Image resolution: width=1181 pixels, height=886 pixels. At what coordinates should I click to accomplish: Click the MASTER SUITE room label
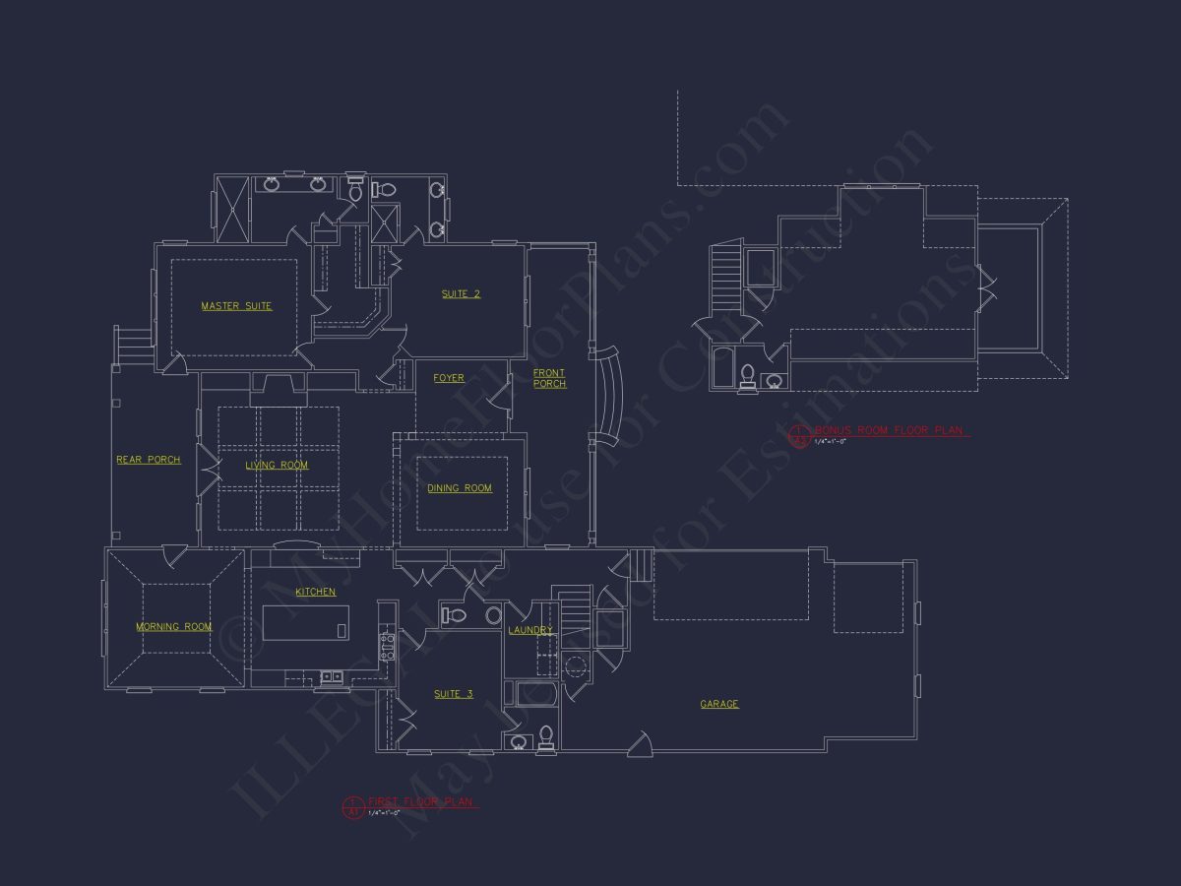236,306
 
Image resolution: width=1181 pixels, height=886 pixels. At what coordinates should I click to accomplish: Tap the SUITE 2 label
461,294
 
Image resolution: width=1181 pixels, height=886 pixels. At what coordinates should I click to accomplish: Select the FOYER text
449,378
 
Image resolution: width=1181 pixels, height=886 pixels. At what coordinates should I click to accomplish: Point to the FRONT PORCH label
549,378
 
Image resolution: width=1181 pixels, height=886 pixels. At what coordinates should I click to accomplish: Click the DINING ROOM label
460,488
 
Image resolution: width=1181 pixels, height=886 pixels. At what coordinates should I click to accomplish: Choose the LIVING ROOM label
277,466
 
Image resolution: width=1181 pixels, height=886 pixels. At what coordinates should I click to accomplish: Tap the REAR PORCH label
149,460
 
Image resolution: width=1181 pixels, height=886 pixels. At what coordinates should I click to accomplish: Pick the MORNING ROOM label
174,627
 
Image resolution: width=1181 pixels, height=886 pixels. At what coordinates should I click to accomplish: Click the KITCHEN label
316,592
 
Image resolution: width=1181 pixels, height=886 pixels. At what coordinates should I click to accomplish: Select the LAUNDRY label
530,630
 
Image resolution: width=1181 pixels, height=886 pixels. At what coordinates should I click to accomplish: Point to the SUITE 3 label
454,694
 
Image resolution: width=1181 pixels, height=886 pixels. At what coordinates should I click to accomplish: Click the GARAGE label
719,704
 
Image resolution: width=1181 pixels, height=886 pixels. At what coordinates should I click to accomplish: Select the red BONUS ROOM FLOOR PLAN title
891,430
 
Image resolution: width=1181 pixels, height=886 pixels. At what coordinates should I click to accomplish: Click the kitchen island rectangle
305,623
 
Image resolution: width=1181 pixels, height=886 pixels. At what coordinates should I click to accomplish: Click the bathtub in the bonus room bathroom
722,368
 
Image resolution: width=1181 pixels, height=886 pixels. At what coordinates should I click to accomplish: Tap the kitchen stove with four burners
388,646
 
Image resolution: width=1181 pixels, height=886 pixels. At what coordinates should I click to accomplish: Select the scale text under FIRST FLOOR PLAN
384,813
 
